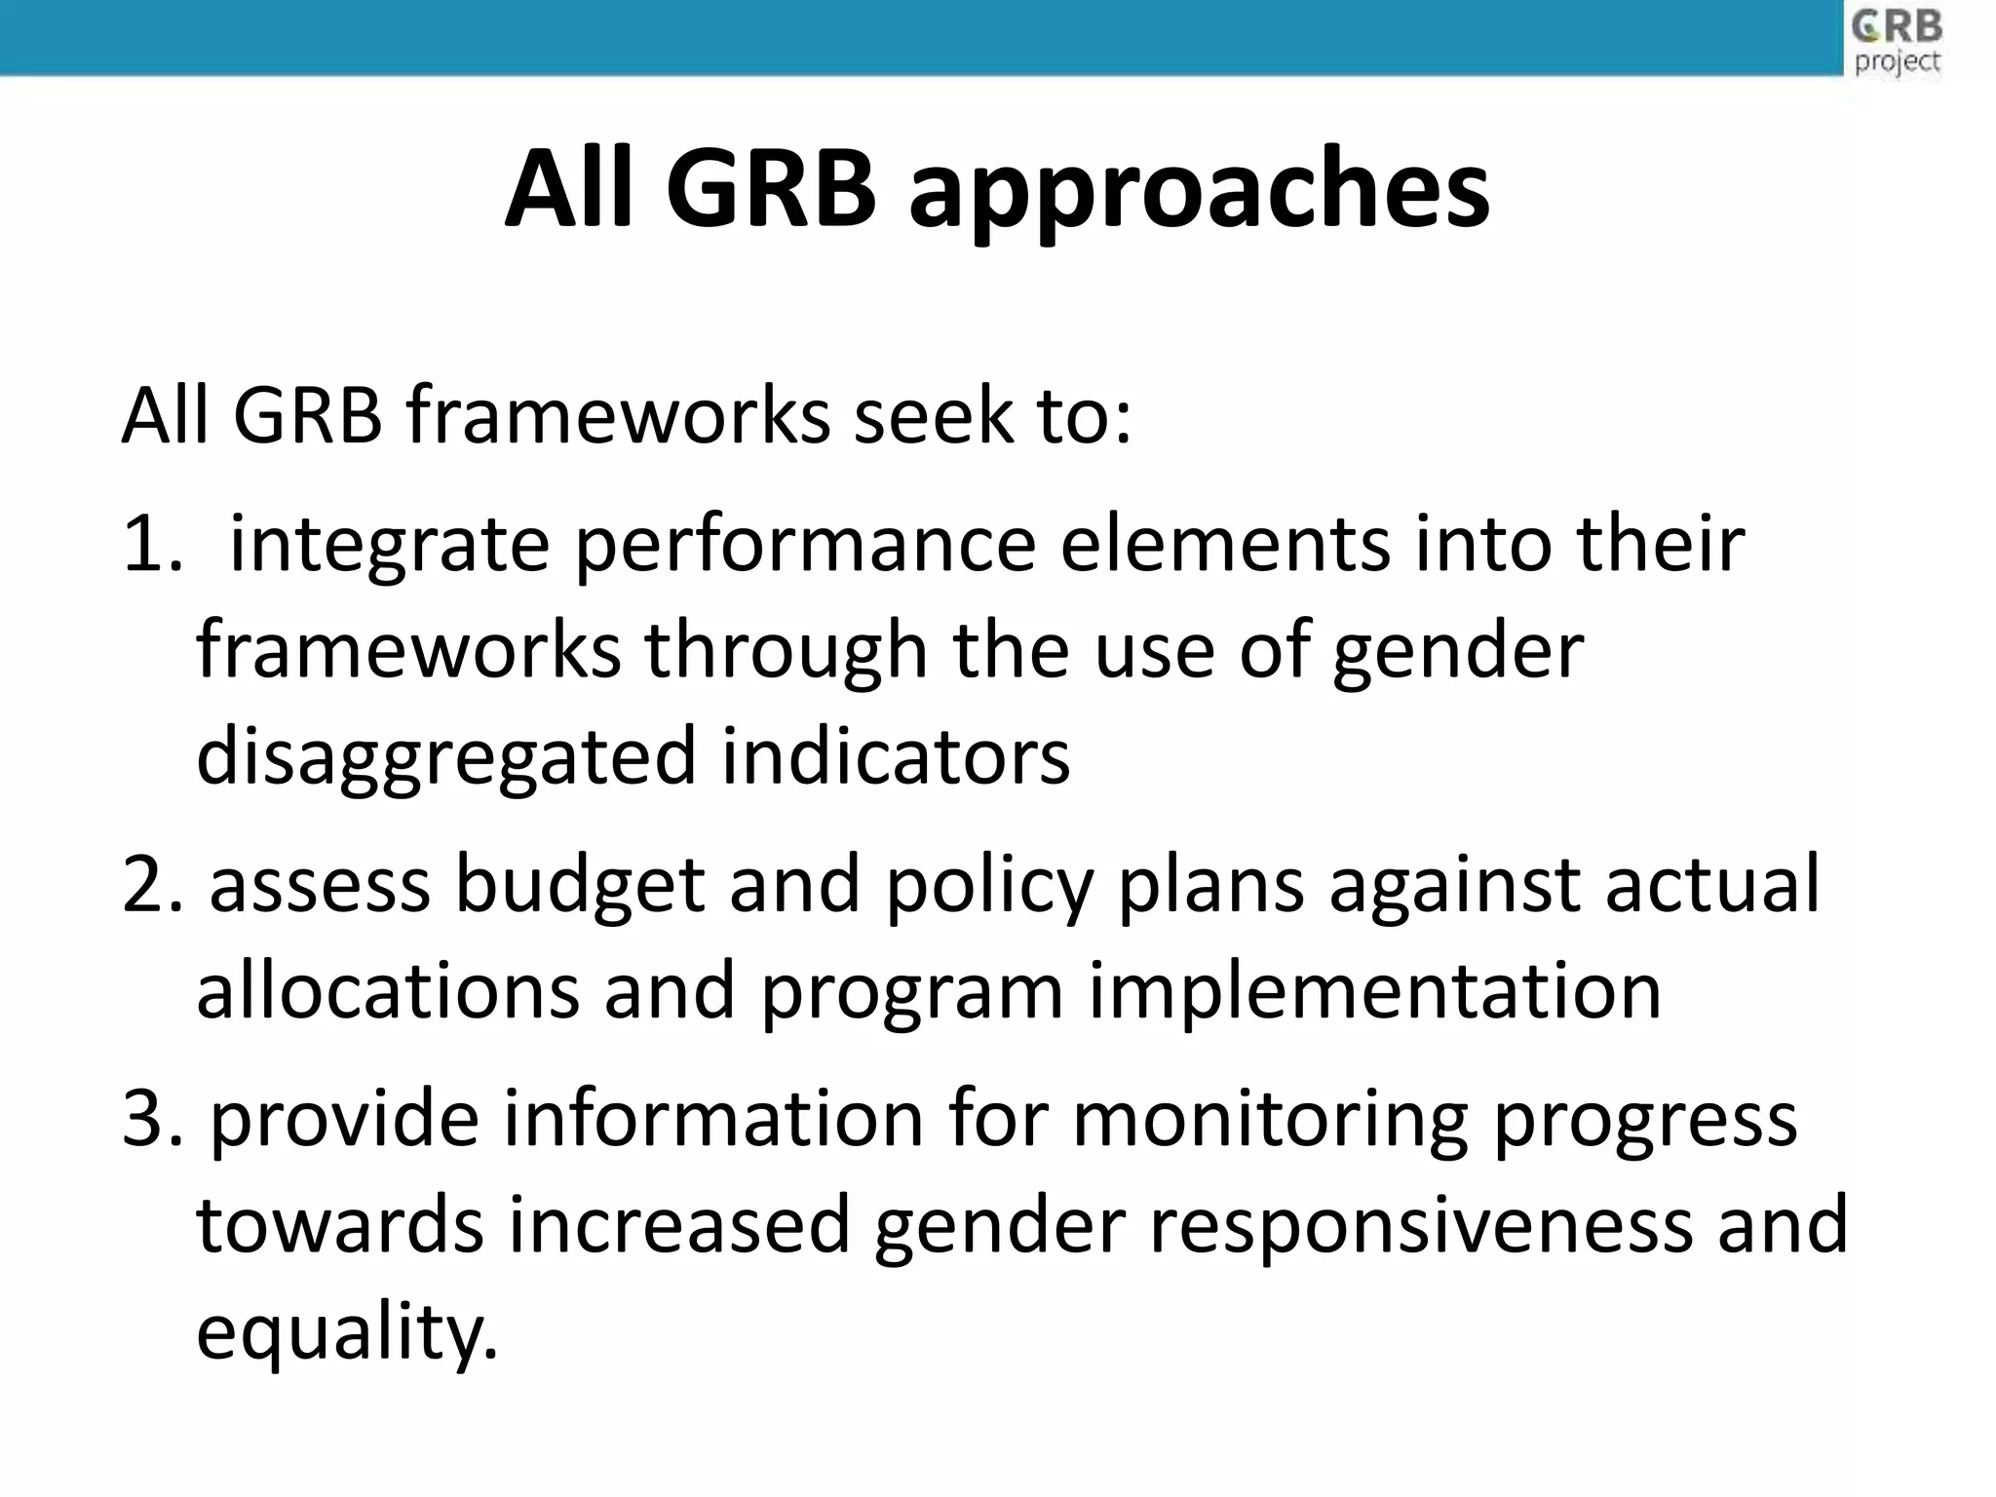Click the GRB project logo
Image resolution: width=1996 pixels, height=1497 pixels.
1897,41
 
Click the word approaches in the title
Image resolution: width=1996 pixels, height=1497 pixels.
1199,190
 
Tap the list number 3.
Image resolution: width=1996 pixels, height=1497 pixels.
151,1119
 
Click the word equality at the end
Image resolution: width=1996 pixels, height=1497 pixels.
346,1333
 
